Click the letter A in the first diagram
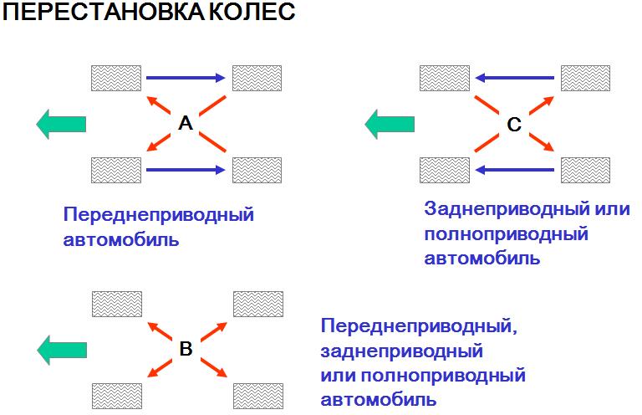(186, 123)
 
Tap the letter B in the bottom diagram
(186, 349)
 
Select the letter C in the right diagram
(514, 125)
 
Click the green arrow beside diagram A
(61, 124)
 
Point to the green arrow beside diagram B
(62, 351)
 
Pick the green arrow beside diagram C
(390, 124)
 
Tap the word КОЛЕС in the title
(252, 12)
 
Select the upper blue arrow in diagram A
(186, 78)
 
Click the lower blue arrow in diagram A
(186, 170)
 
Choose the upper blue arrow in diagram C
(515, 78)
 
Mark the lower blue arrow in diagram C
(515, 169)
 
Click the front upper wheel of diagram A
(116, 78)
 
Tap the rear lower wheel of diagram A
(257, 170)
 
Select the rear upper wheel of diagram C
(585, 78)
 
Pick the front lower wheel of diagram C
(445, 170)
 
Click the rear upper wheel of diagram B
(258, 304)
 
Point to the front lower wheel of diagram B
(117, 396)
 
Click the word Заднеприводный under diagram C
(507, 209)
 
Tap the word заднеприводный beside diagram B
(401, 351)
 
